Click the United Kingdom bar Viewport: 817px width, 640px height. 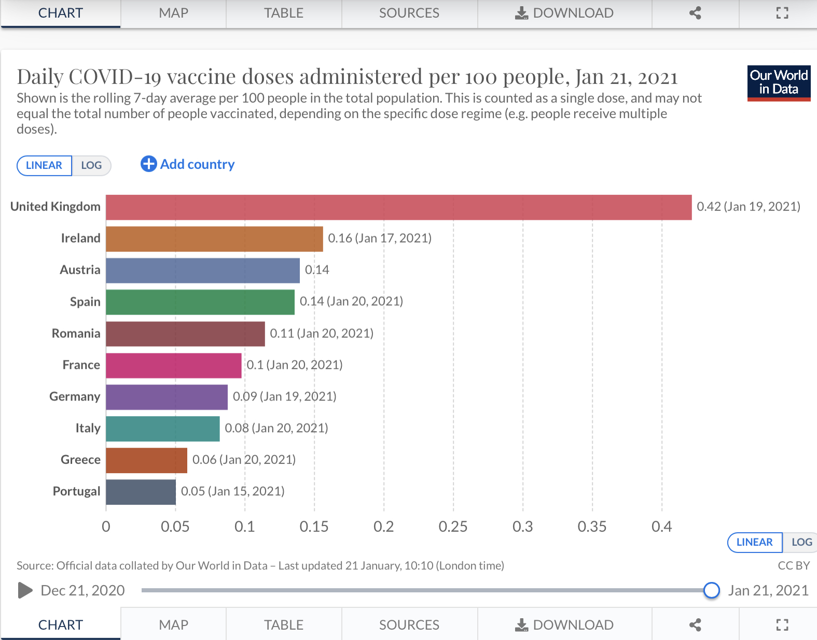[398, 207]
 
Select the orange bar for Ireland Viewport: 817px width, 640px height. [214, 239]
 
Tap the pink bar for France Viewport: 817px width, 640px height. [174, 365]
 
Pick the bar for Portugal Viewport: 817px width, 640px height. [141, 492]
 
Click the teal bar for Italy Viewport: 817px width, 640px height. [163, 429]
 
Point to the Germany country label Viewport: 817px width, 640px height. [75, 396]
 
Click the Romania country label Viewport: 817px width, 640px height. [76, 333]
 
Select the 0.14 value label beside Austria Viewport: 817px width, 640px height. [317, 270]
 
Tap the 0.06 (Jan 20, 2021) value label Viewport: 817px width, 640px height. [244, 460]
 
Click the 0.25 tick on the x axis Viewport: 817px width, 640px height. [453, 527]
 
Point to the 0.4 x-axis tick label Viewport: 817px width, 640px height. [661, 527]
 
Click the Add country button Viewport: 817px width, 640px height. [188, 164]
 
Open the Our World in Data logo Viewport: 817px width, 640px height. [779, 83]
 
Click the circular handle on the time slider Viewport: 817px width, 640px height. [711, 590]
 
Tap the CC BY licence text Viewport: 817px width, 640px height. [794, 565]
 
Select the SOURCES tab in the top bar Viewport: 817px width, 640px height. [409, 13]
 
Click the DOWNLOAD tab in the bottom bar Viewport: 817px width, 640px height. [564, 625]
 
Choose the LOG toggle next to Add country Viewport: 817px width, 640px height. [91, 165]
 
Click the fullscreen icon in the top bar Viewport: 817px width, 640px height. [782, 13]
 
